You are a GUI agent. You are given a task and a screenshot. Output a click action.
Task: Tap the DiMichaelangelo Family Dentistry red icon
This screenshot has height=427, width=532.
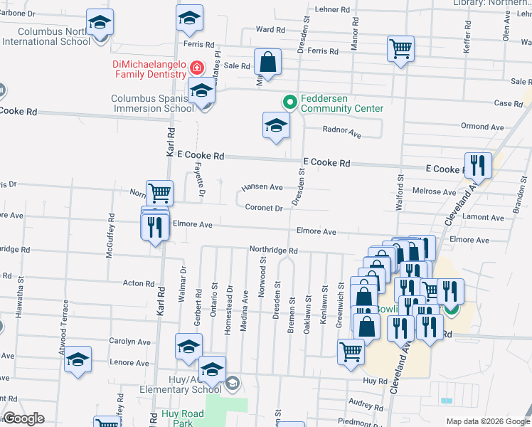click(x=197, y=70)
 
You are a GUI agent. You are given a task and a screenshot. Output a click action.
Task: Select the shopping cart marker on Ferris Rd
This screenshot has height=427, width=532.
click(x=401, y=49)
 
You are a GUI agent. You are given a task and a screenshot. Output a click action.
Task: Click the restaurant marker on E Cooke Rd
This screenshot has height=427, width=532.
click(x=478, y=166)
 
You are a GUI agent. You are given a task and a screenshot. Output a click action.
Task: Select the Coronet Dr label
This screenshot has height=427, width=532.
click(x=265, y=209)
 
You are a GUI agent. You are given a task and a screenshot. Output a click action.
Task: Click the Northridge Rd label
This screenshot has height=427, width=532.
click(x=272, y=251)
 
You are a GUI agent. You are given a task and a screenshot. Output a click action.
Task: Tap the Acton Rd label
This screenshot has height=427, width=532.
click(x=134, y=283)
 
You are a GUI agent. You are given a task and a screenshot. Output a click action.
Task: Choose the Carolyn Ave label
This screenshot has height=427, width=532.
click(x=130, y=342)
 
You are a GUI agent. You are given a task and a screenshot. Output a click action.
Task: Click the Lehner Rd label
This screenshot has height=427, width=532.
click(x=334, y=10)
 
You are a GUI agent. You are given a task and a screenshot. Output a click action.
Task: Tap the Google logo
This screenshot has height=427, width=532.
click(x=23, y=418)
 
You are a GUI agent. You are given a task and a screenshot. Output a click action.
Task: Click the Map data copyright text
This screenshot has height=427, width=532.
click(x=488, y=421)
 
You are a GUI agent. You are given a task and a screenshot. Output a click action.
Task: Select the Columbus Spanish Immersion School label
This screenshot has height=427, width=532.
click(x=152, y=103)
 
